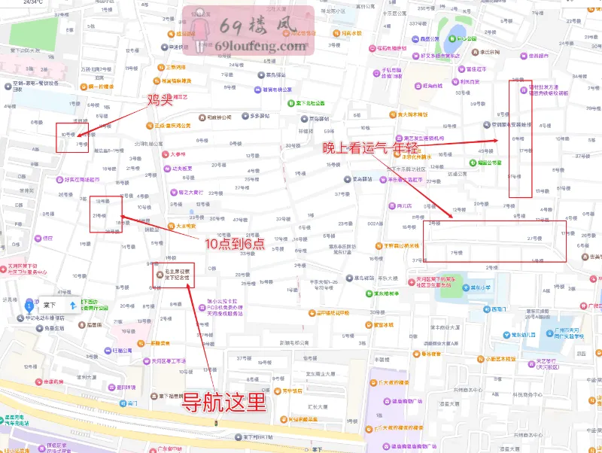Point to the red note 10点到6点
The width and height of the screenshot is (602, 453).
pyautogui.click(x=236, y=244)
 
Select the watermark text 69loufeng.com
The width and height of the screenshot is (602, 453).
pyautogui.click(x=260, y=46)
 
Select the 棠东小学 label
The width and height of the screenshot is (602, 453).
pyautogui.click(x=479, y=287)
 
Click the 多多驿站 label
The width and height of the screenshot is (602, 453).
pyautogui.click(x=259, y=116)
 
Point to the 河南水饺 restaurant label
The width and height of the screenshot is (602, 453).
pyautogui.click(x=351, y=33)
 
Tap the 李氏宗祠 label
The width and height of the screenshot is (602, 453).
pyautogui.click(x=491, y=51)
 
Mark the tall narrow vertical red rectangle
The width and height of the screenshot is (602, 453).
pyautogui.click(x=520, y=138)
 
